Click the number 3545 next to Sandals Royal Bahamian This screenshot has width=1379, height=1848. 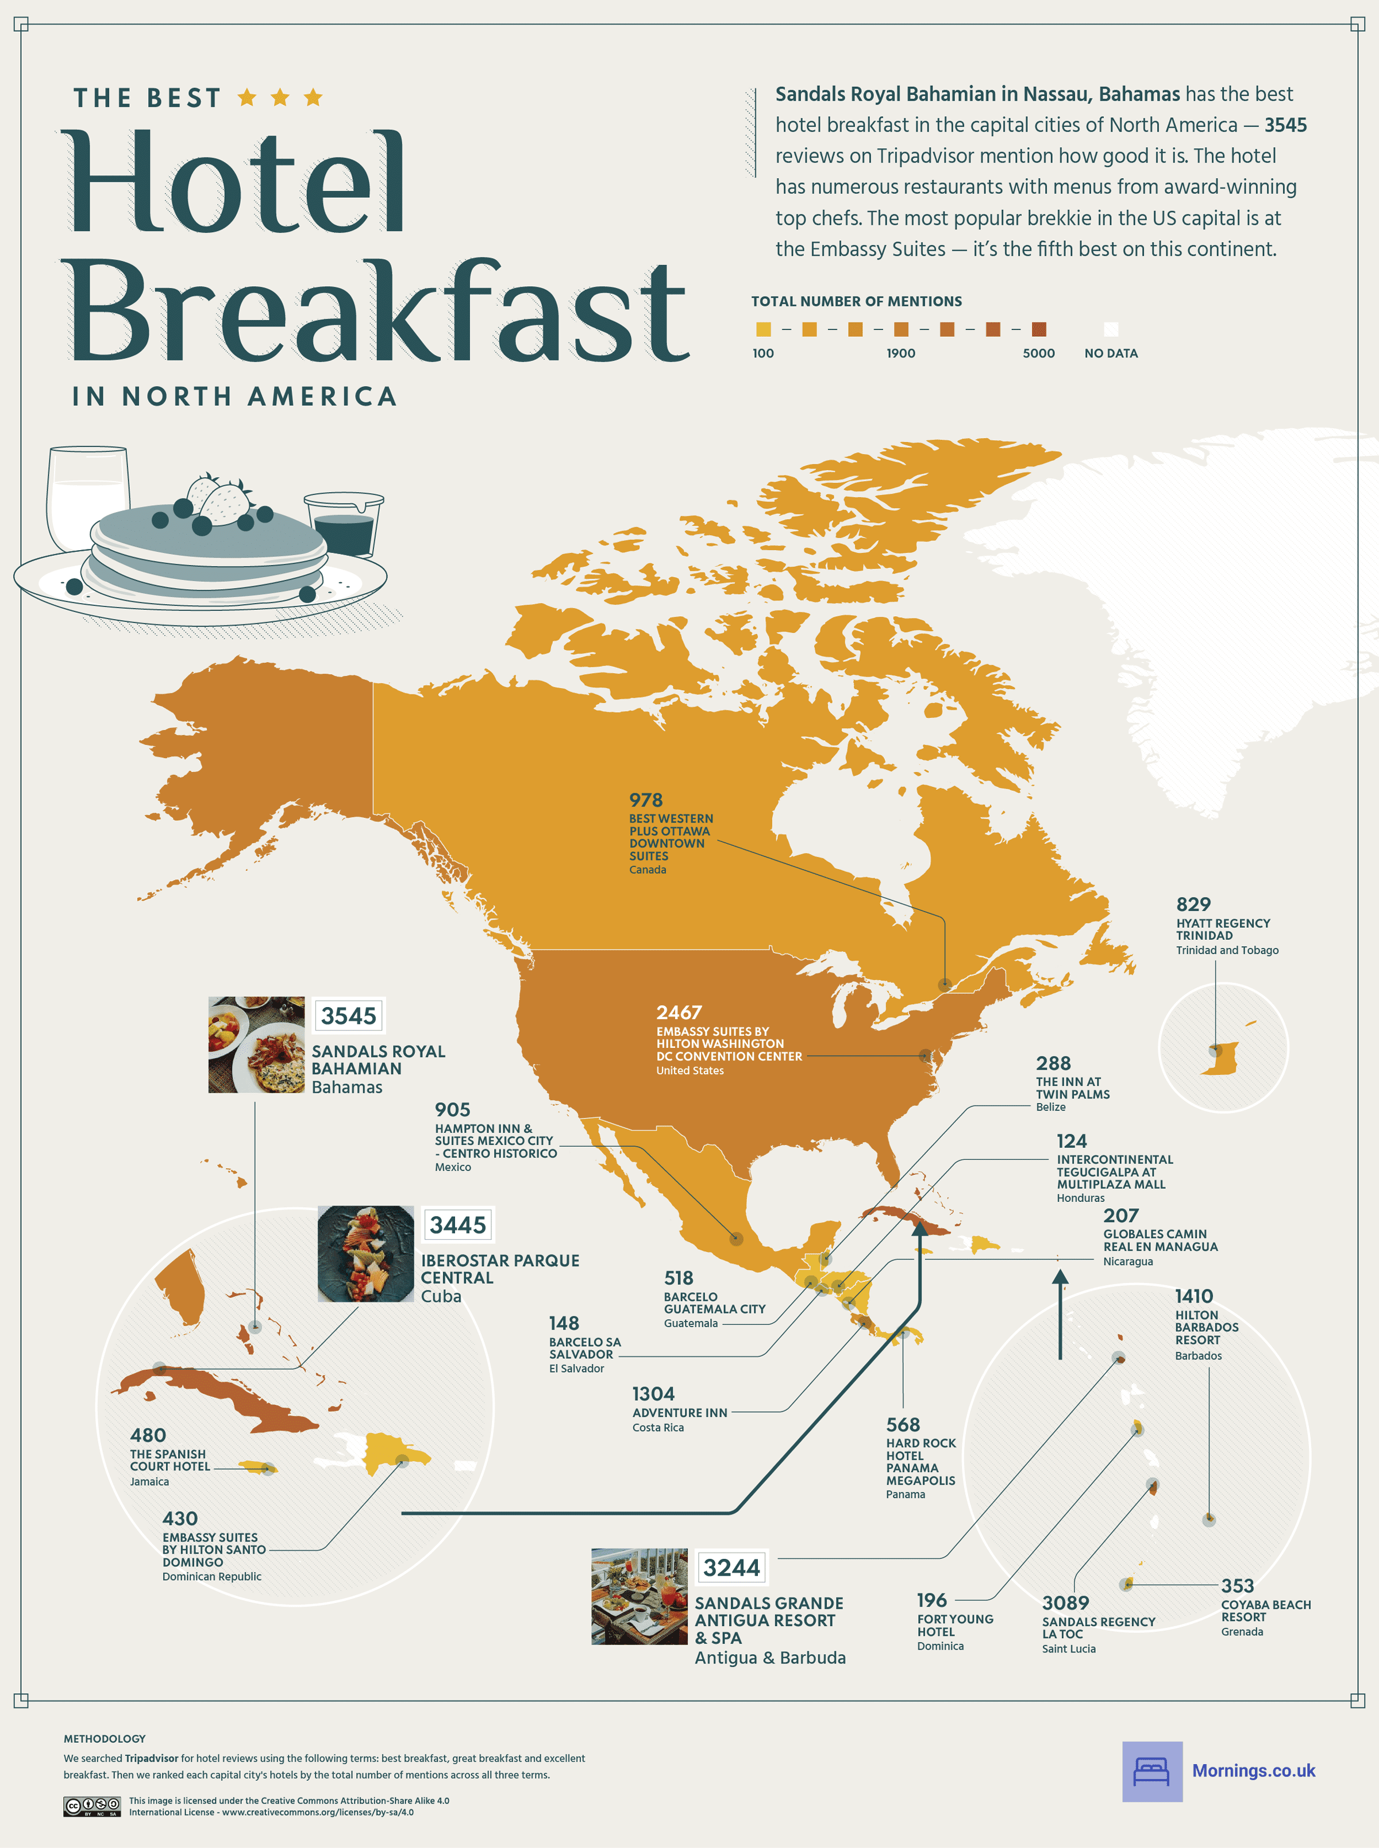point(348,1016)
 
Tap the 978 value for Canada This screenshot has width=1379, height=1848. point(645,800)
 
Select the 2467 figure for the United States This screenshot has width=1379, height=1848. point(679,1012)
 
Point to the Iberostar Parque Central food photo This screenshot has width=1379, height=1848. point(365,1254)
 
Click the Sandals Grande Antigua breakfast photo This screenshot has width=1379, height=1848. point(640,1597)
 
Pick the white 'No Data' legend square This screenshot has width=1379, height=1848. point(1110,329)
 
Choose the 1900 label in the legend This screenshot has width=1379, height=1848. point(901,354)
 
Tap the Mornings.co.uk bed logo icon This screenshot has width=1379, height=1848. point(1152,1771)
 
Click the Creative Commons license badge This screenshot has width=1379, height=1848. point(92,1806)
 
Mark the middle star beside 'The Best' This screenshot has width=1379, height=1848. point(280,98)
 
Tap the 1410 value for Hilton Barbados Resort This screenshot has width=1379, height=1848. point(1193,1296)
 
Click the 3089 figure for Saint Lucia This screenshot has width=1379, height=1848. point(1065,1603)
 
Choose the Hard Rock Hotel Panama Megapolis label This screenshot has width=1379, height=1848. point(920,1461)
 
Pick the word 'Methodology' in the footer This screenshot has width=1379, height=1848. point(105,1739)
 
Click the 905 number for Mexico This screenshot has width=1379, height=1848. point(452,1110)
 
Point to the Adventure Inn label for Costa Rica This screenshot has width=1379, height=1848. point(680,1413)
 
